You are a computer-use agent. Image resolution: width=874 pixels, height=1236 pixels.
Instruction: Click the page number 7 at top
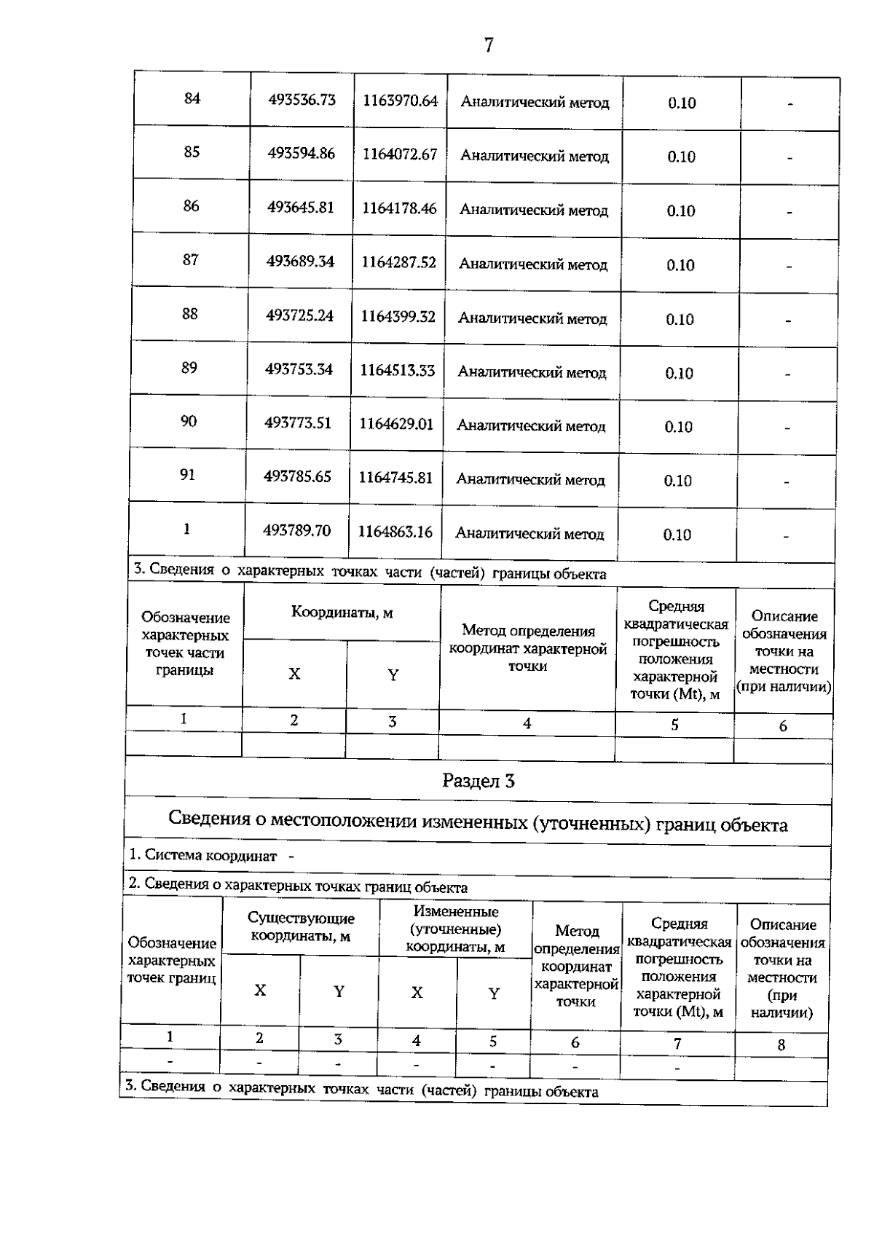click(489, 46)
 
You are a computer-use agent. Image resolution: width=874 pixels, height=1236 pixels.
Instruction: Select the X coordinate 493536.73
click(302, 100)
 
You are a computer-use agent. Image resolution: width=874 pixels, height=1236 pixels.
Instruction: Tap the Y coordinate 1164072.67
click(400, 154)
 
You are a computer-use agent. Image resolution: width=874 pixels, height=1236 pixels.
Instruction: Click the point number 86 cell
click(191, 206)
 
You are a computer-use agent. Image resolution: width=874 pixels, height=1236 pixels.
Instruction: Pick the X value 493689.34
click(300, 261)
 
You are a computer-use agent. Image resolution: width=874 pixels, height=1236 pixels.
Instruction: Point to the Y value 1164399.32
click(398, 317)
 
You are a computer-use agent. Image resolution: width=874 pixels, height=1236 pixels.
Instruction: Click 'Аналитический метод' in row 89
click(532, 373)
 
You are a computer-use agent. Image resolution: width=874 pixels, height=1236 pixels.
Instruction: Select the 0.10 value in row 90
click(678, 428)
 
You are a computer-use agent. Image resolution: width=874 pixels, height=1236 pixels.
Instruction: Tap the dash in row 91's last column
click(787, 482)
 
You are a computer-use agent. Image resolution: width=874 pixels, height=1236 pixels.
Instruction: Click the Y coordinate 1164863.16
click(395, 532)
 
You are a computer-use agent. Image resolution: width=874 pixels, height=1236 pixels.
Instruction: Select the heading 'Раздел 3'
click(479, 782)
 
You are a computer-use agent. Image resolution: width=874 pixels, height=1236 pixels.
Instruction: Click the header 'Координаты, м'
click(342, 613)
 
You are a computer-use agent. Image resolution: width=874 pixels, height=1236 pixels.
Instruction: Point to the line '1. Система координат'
click(203, 856)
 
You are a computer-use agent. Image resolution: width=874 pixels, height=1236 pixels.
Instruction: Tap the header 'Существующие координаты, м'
click(301, 927)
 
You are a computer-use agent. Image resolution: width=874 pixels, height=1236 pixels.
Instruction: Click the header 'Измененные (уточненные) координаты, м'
click(455, 929)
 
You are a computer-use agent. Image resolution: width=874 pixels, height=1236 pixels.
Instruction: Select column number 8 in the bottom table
click(781, 1045)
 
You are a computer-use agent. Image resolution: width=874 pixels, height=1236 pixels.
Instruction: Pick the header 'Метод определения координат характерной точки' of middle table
click(528, 648)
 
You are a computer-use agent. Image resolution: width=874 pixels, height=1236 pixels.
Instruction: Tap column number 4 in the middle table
click(527, 724)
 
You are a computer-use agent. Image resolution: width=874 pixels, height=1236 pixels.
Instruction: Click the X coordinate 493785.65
click(297, 477)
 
